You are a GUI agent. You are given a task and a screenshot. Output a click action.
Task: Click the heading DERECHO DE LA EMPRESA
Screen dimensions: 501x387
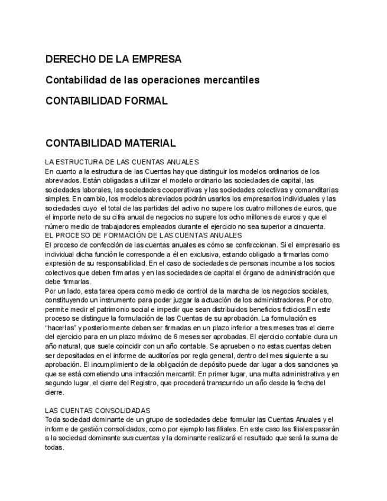113,59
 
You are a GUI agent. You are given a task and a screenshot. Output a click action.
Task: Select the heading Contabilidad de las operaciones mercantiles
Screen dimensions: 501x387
152,80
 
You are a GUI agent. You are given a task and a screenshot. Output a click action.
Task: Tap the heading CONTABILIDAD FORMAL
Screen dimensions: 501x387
106,100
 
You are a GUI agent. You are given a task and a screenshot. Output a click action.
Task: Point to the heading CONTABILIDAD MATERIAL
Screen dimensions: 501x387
110,143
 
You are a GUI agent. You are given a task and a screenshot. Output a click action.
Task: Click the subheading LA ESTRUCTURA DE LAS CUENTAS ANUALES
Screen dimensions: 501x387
122,162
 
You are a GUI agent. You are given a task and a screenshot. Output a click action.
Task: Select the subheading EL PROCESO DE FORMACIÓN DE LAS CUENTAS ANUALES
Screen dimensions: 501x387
135,235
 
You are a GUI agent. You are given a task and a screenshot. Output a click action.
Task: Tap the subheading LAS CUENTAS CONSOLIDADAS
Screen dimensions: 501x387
97,410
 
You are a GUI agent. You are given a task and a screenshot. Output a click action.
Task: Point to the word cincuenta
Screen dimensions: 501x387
308,226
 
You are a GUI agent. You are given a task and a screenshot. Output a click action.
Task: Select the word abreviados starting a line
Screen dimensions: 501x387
62,180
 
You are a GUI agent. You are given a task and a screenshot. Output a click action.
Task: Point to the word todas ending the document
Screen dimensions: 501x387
54,447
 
